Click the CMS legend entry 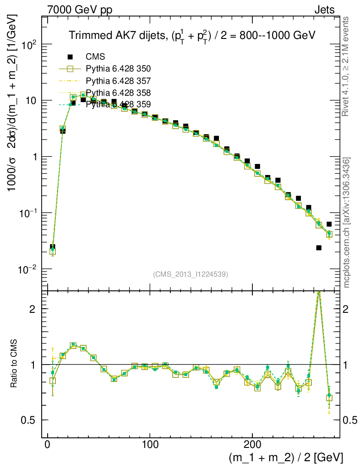click(x=95, y=57)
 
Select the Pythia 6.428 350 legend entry click(x=118, y=69)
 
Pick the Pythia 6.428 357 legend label click(x=118, y=81)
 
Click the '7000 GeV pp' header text click(x=80, y=10)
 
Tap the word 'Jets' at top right click(x=324, y=10)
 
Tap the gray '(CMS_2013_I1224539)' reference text click(x=191, y=274)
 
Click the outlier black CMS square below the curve click(x=319, y=248)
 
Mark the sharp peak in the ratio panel click(x=319, y=294)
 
